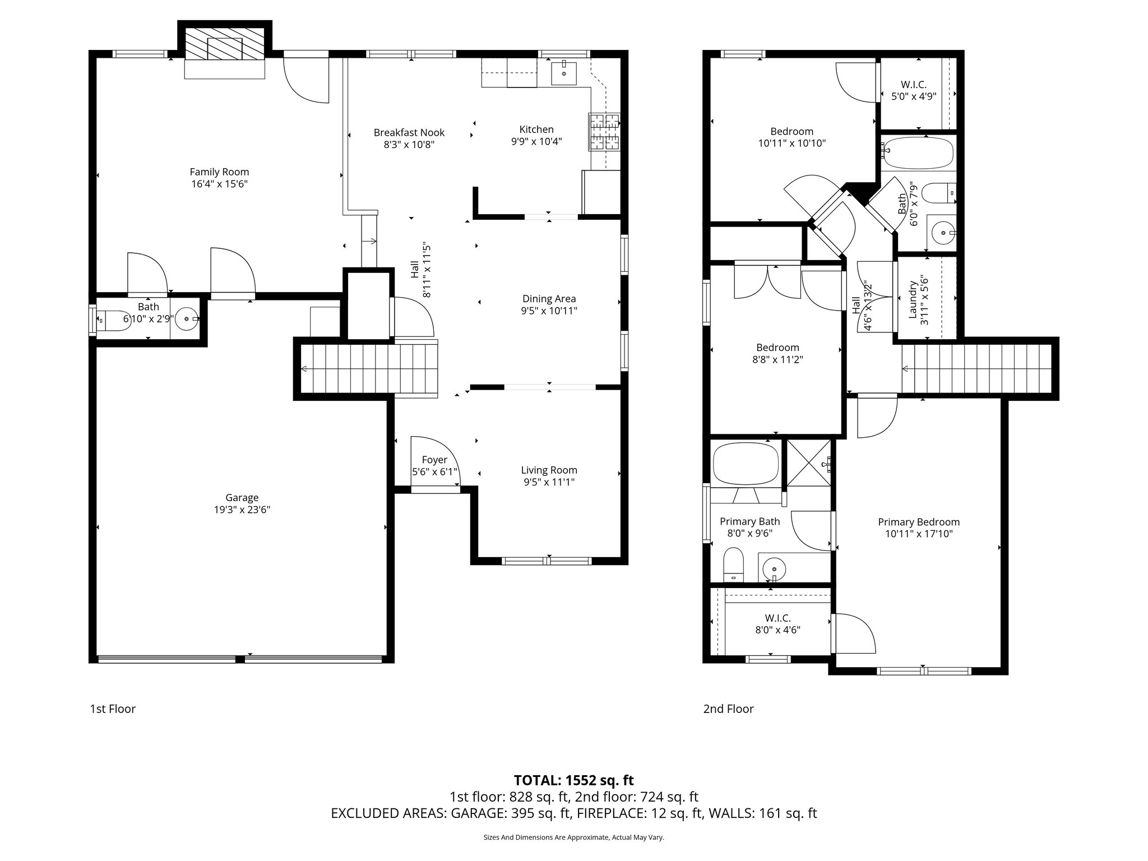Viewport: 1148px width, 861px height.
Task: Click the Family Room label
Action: click(219, 172)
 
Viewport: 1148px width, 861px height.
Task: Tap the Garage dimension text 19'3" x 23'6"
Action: click(242, 510)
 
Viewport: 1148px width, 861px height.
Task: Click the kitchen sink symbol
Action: click(563, 72)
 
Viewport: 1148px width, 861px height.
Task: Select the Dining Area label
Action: click(549, 299)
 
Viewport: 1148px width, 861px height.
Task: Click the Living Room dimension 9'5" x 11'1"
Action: click(549, 482)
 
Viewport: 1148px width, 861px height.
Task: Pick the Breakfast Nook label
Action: click(409, 132)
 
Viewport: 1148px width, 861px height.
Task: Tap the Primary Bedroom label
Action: click(919, 522)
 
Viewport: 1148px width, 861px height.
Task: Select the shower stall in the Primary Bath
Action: click(809, 463)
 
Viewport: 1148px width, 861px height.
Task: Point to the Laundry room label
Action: click(912, 300)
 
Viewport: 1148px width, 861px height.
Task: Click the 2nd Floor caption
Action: click(728, 709)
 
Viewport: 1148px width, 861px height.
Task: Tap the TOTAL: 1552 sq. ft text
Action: click(573, 780)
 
